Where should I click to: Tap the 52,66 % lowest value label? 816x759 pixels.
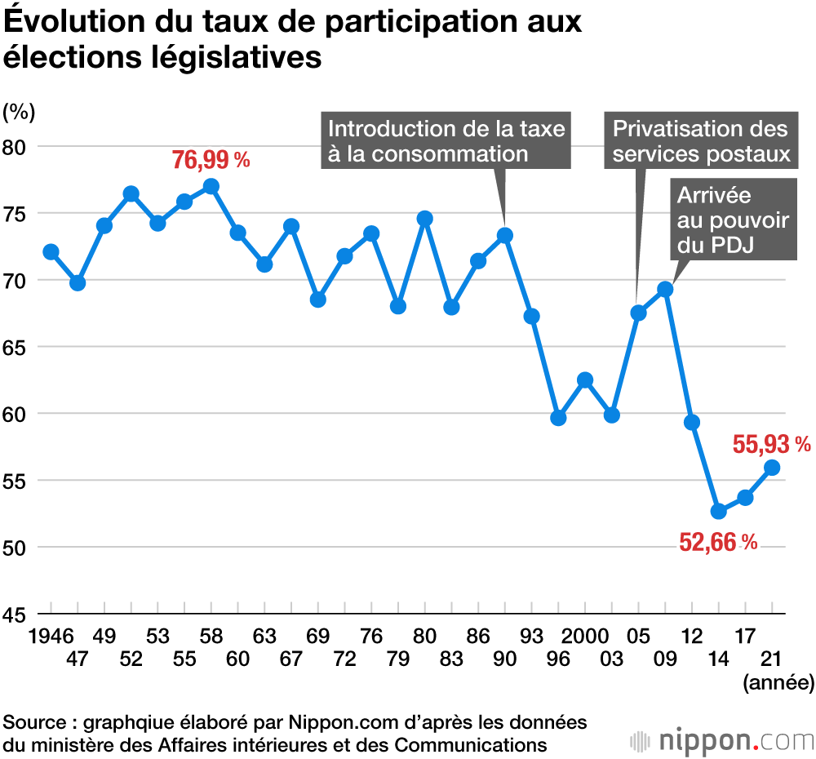point(718,541)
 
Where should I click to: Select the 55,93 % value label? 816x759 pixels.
point(771,445)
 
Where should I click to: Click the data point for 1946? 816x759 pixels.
point(51,251)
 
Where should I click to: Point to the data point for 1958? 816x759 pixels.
point(211,186)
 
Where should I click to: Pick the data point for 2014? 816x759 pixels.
point(718,511)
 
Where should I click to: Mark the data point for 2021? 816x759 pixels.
point(772,467)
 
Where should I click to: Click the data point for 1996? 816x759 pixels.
point(558,418)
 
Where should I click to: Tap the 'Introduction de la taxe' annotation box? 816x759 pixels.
point(446,140)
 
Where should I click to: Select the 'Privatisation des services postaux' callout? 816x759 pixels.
point(700,140)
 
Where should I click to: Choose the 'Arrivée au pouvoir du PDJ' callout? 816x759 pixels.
point(733,220)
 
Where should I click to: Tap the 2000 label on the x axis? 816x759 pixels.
point(584,636)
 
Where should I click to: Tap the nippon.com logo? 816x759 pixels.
point(722,741)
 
